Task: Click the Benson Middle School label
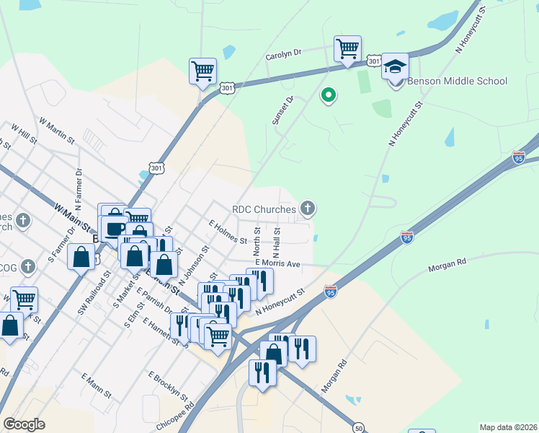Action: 458,82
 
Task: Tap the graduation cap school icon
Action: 394,66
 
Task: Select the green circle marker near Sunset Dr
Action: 329,95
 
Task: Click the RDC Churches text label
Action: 264,210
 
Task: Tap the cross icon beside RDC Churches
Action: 308,209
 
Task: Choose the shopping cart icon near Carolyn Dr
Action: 348,49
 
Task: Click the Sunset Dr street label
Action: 282,110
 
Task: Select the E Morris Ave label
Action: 277,264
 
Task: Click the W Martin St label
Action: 57,131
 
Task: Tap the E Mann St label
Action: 96,386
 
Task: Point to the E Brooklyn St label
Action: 167,387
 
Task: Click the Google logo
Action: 24,424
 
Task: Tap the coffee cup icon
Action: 114,229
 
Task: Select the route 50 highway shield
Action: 358,428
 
